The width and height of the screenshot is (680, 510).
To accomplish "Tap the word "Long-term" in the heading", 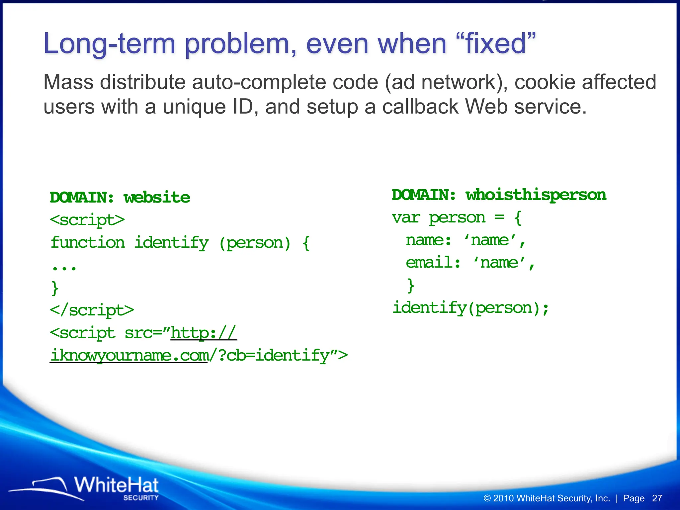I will pyautogui.click(x=109, y=44).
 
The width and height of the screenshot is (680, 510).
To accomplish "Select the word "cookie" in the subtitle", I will pyautogui.click(x=543, y=82).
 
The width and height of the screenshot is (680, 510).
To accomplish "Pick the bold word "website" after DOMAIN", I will pyautogui.click(x=157, y=198).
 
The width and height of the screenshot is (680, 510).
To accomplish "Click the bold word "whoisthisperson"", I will pyautogui.click(x=536, y=195).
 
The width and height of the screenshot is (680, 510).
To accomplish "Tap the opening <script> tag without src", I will pyautogui.click(x=87, y=220).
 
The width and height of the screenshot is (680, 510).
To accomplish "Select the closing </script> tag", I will pyautogui.click(x=92, y=310).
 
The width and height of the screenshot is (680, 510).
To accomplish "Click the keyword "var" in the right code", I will pyautogui.click(x=406, y=218).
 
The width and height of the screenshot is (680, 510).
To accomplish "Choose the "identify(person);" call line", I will pyautogui.click(x=470, y=308).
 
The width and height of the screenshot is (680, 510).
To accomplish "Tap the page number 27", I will pyautogui.click(x=657, y=498).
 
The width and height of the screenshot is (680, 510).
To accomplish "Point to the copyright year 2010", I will pyautogui.click(x=504, y=498).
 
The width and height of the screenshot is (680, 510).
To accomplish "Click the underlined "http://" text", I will pyautogui.click(x=203, y=333).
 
